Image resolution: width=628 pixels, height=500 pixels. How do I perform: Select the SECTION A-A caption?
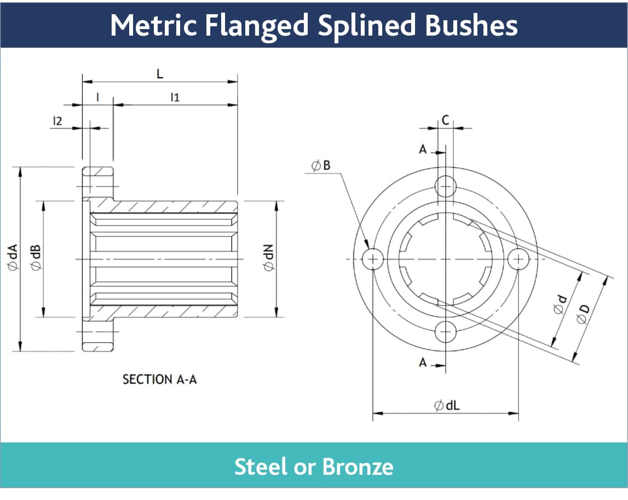[159, 379]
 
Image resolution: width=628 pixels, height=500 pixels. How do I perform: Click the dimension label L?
[160, 74]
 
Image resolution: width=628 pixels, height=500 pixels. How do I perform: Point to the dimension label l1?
[175, 97]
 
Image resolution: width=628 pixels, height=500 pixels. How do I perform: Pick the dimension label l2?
[57, 120]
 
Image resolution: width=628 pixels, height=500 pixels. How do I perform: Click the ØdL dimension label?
[446, 406]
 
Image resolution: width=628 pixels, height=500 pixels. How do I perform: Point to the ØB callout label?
[321, 165]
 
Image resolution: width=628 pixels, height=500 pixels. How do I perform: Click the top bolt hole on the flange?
[445, 186]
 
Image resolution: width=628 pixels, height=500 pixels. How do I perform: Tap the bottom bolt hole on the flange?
[445, 331]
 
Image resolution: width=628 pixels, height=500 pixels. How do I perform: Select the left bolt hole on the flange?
[373, 258]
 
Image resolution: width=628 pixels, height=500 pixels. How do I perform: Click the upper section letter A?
[422, 149]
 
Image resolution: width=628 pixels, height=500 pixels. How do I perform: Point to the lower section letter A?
[422, 362]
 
